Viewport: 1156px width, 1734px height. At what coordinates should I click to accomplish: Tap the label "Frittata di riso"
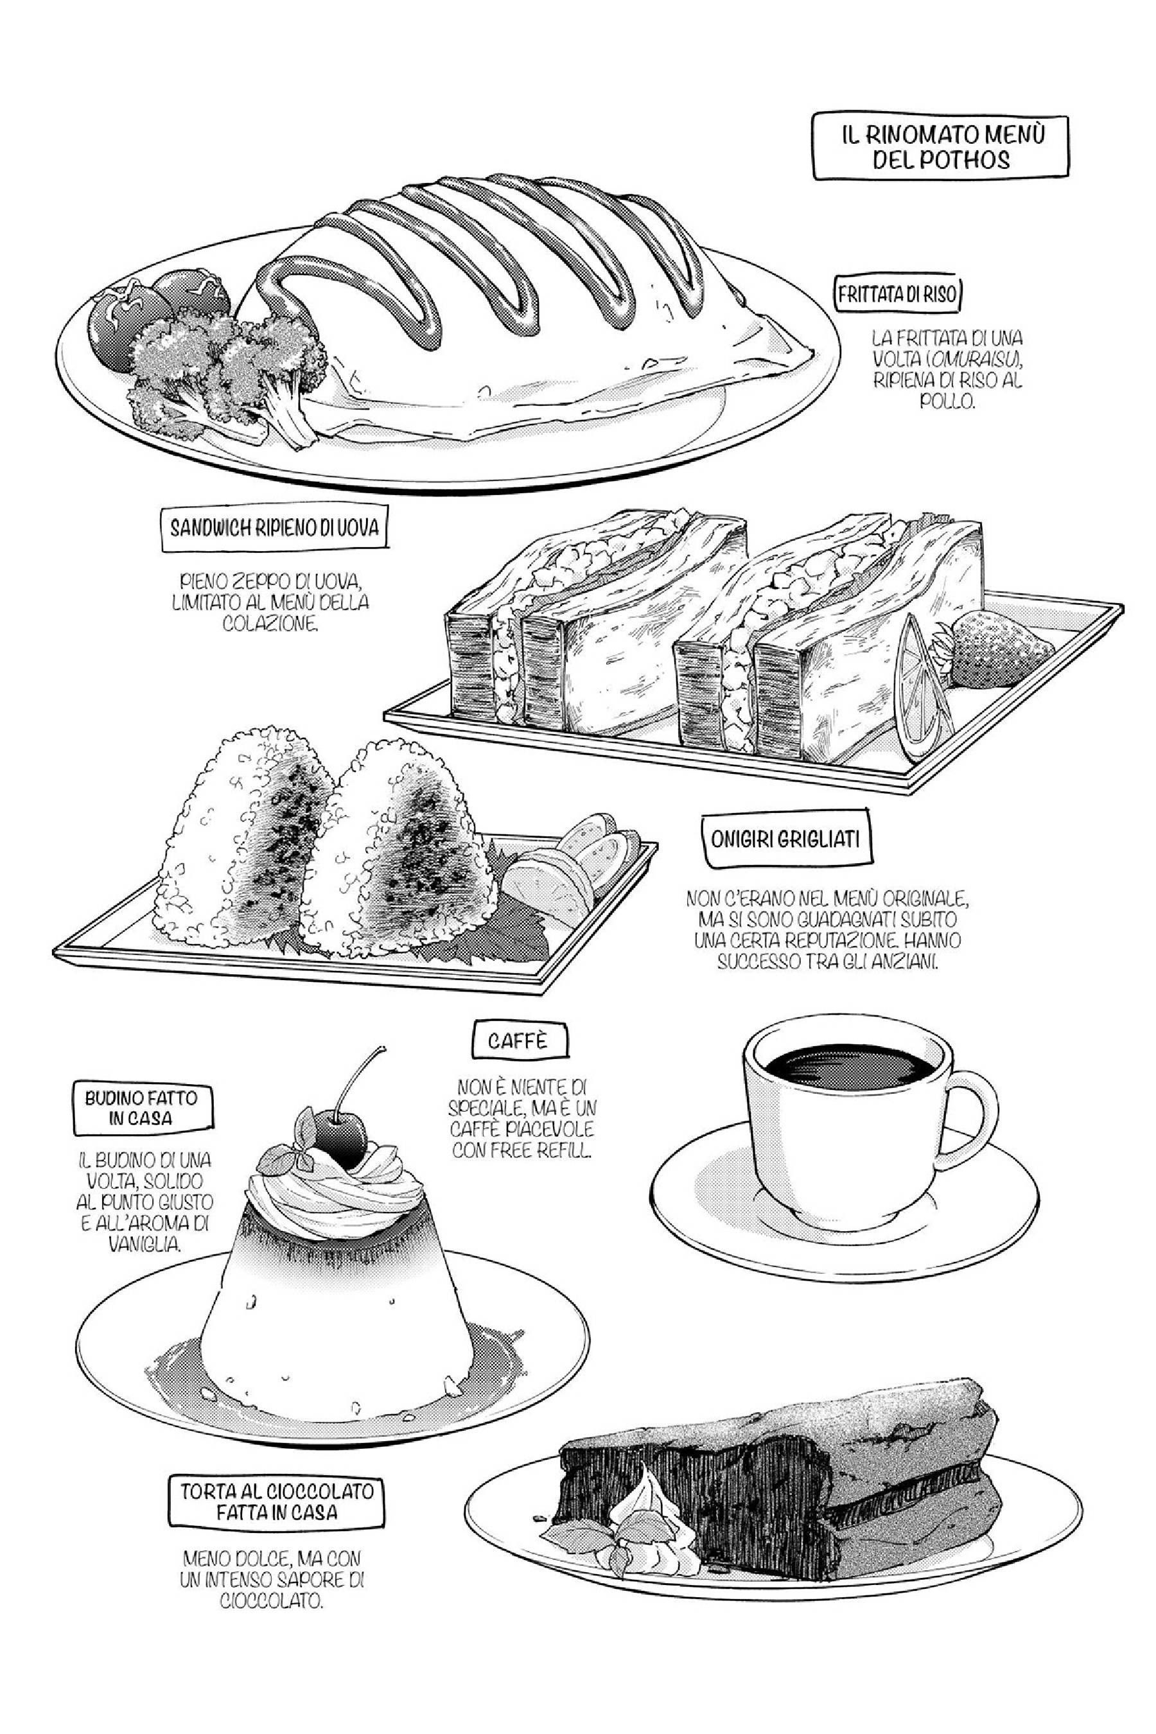897,294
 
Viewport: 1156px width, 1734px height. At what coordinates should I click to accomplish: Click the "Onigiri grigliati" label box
785,839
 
